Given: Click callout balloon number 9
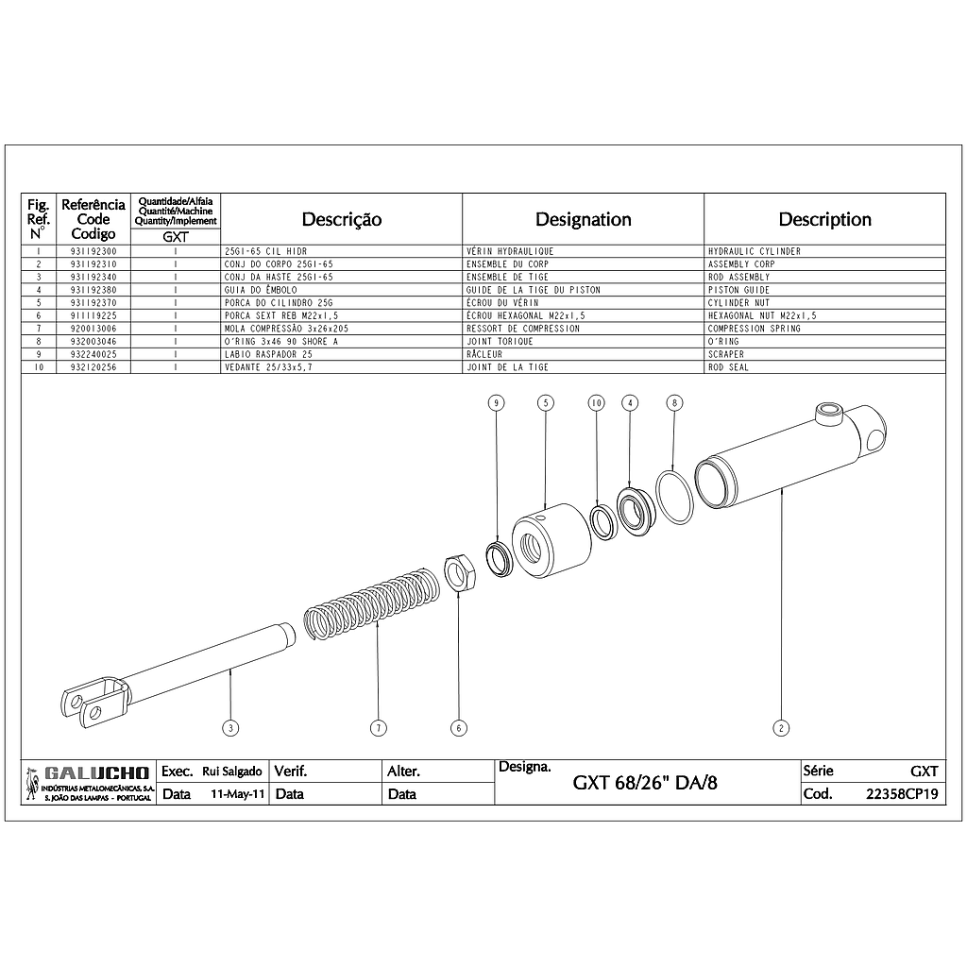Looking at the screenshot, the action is pos(497,402).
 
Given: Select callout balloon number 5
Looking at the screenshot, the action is pos(546,402).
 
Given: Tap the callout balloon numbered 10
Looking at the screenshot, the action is pos(597,402).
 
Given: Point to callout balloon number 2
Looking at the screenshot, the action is pos(781,728).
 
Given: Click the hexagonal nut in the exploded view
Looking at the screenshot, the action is pos(459,573).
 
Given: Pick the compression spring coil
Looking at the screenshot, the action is pos(372,603).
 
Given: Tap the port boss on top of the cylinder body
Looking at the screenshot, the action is pos(827,414).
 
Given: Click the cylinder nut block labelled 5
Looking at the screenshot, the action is pos(551,540).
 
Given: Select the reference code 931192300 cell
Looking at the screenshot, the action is pos(93,251).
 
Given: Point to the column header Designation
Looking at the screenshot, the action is pos(584,219).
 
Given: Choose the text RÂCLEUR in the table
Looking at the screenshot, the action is pos(484,355).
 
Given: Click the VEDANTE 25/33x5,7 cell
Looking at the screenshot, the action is pos(268,367).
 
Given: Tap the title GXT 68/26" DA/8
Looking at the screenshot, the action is pos(645,783).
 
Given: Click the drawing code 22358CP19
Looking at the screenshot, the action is pos(902,794).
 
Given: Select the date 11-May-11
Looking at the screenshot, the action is pos(237,794).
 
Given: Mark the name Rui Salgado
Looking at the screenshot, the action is pos(232,772).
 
